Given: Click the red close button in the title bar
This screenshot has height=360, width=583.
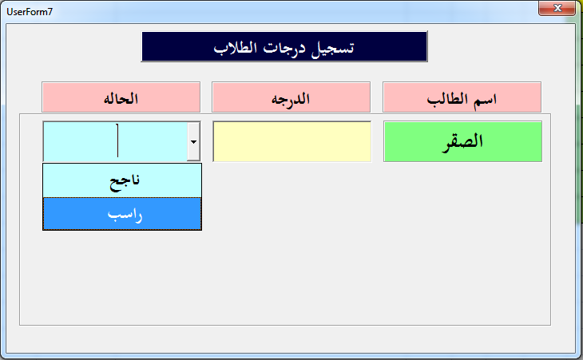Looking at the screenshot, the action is pos(557,8).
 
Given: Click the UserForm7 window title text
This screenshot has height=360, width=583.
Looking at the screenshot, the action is pos(30,12).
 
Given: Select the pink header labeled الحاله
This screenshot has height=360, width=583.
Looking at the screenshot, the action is pos(121,97).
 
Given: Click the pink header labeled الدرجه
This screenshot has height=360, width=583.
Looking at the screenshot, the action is pos(291,97).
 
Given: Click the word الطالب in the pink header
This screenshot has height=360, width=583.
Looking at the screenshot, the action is pos(447,99).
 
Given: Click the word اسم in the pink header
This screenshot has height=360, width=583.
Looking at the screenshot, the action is pos(486,100).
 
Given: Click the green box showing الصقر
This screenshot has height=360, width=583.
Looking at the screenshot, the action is pos(462,141).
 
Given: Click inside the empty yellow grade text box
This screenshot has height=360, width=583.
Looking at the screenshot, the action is pos(291,141).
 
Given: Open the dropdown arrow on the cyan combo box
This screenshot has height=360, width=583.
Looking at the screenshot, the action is pos(193,141).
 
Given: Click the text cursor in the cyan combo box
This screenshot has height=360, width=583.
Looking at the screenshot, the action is pos(117,140).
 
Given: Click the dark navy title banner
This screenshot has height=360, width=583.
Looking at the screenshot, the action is pos(284,46).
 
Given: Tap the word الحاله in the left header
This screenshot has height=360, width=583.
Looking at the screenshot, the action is pos(121,99).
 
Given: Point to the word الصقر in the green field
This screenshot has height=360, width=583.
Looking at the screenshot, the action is pos(462,142).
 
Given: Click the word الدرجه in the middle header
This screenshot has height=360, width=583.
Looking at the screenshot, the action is pos(291,99).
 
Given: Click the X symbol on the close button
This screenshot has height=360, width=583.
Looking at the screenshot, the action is pos(557,8).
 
